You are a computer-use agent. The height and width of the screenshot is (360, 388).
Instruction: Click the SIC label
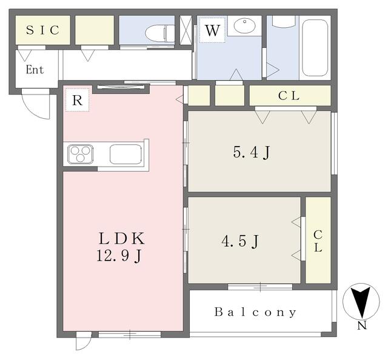point(43,30)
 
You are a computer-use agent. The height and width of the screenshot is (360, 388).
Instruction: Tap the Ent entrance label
point(35,70)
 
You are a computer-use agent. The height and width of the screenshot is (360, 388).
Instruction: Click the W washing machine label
point(212,30)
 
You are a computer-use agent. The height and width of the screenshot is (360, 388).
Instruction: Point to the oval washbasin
point(245,26)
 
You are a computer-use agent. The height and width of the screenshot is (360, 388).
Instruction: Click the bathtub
point(315,48)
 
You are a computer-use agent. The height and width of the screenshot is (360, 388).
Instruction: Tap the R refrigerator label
point(77,101)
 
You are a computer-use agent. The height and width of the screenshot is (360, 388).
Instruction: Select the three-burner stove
point(81,154)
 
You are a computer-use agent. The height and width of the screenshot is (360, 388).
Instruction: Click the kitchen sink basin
point(125,154)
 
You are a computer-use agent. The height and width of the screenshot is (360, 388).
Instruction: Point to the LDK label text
point(121,239)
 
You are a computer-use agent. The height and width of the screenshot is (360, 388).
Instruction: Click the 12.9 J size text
point(119,256)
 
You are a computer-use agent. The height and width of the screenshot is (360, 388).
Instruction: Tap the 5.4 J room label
point(252,152)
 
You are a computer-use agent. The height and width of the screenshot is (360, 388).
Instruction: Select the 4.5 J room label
point(240,241)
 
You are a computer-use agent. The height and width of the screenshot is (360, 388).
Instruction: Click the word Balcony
point(255,312)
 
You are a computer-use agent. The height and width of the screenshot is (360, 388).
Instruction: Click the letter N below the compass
point(362,326)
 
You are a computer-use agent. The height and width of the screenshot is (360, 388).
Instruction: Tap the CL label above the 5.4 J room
point(289,96)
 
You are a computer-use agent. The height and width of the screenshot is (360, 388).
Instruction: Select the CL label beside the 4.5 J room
point(318,241)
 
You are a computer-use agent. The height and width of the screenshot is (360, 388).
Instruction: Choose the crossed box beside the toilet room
point(186,30)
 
